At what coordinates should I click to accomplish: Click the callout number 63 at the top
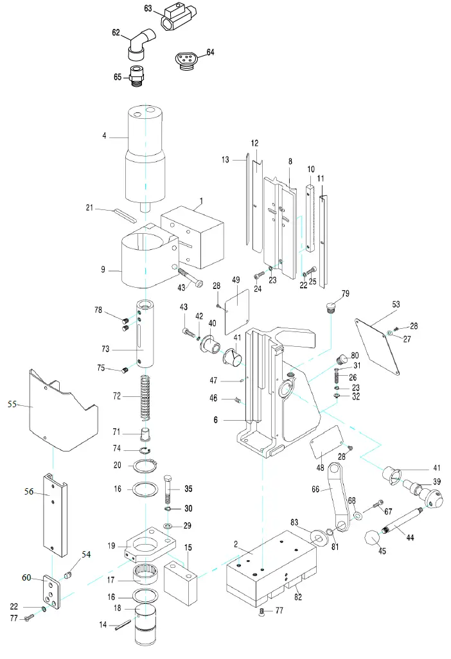[x=148, y=8]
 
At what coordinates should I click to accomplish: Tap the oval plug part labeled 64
[x=186, y=60]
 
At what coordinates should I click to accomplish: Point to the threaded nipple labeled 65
[x=136, y=75]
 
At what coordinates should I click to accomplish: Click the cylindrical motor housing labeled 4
[x=146, y=154]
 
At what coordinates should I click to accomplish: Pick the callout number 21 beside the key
[x=91, y=207]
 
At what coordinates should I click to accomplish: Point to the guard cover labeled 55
[x=61, y=411]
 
